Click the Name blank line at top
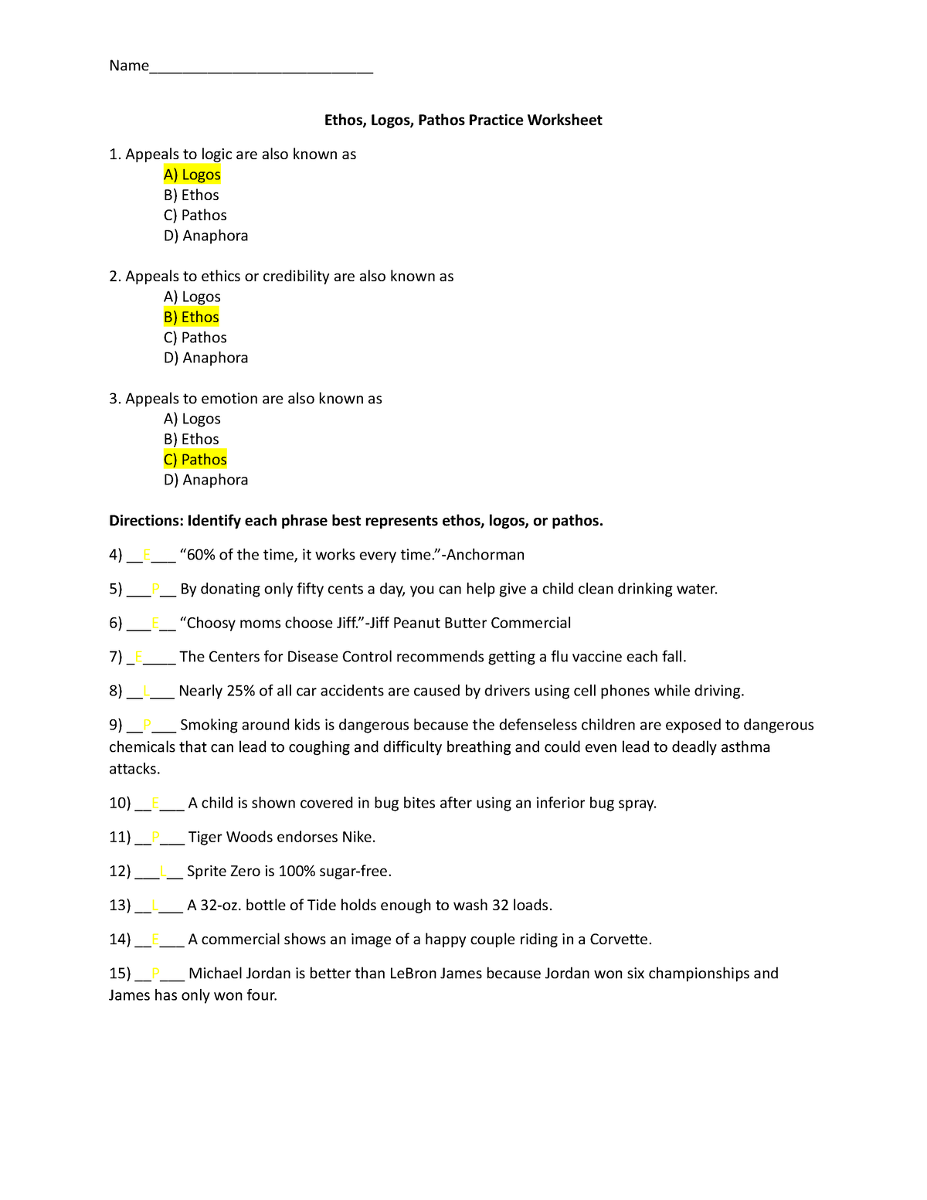click(x=261, y=68)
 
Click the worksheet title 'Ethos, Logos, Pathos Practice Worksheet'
click(x=463, y=120)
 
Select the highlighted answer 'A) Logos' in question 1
click(x=192, y=175)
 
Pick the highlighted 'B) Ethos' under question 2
click(x=192, y=317)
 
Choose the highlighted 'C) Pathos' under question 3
click(x=195, y=459)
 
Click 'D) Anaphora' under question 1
click(x=205, y=236)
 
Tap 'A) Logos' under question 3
click(x=192, y=419)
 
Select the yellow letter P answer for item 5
click(x=156, y=589)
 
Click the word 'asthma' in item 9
click(x=745, y=746)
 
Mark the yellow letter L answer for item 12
click(x=163, y=871)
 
